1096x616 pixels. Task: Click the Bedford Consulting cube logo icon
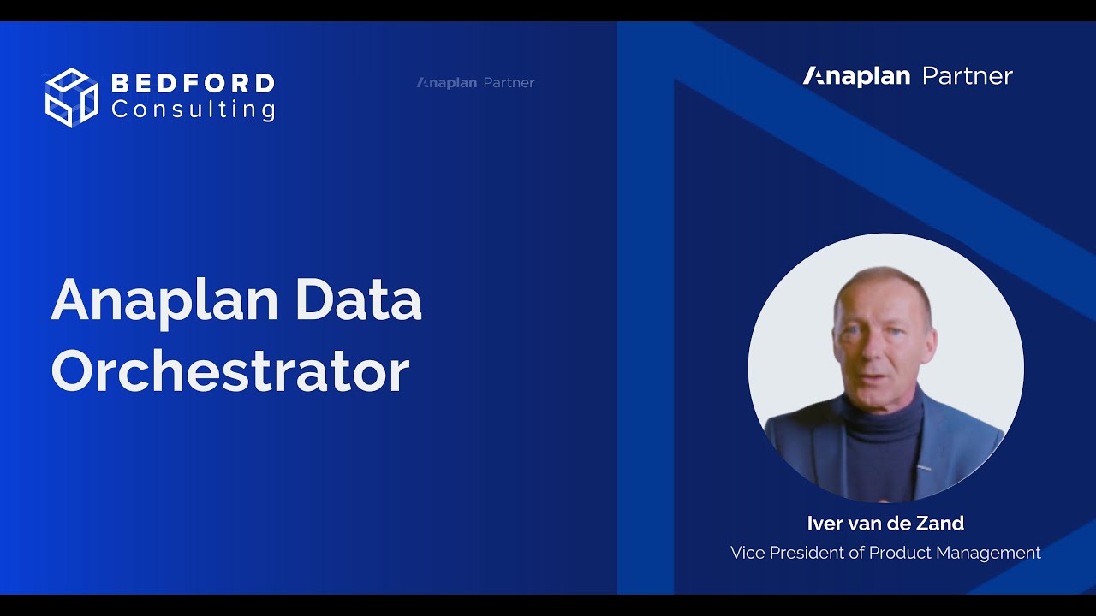72,97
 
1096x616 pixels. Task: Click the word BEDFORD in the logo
193,84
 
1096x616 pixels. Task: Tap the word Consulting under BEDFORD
193,110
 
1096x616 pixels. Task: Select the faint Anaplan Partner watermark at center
476,83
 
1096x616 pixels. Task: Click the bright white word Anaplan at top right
856,76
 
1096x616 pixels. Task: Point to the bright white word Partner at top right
968,76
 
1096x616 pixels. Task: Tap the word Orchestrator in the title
230,371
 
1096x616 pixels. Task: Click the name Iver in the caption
825,523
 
